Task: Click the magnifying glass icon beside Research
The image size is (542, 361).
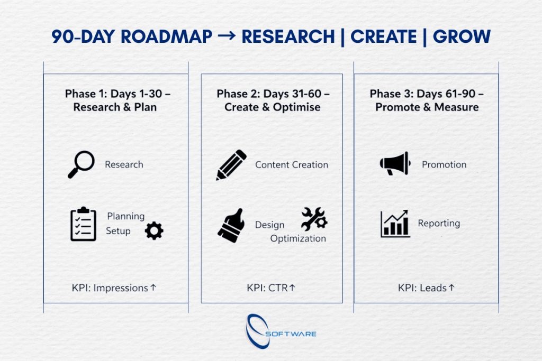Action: (81, 164)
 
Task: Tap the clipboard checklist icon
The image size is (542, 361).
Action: (83, 224)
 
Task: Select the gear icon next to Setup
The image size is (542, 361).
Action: (154, 230)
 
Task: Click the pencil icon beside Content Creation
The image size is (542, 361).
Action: (231, 165)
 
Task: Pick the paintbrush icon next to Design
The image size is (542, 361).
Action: (231, 225)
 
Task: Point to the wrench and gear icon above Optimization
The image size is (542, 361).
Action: (314, 219)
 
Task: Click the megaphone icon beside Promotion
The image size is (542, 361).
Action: (395, 164)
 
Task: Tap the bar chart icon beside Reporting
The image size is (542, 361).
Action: (395, 224)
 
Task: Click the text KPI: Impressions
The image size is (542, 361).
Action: (114, 288)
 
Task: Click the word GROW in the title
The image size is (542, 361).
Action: (462, 36)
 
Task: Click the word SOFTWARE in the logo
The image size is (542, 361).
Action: (291, 334)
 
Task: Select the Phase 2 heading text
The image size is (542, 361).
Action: (273, 100)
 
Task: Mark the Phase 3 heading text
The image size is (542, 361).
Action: (427, 100)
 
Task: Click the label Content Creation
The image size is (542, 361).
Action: (292, 165)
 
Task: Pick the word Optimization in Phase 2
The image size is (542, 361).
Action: (298, 238)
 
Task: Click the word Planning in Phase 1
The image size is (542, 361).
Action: (126, 216)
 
